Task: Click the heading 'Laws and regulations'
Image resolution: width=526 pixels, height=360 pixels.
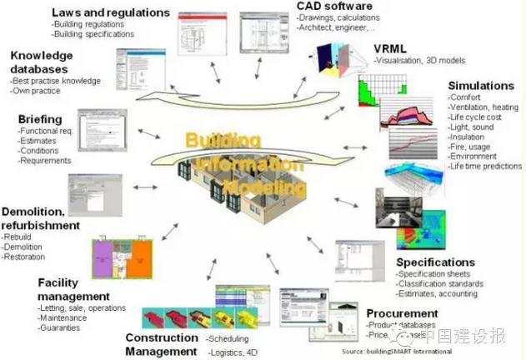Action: (110, 12)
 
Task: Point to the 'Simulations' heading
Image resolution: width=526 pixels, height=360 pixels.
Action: (480, 85)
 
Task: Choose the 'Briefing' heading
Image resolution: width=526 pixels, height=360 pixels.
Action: (43, 118)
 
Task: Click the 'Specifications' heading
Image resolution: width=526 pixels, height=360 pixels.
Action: (435, 262)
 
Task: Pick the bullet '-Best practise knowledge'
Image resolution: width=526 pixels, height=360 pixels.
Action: (56, 81)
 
